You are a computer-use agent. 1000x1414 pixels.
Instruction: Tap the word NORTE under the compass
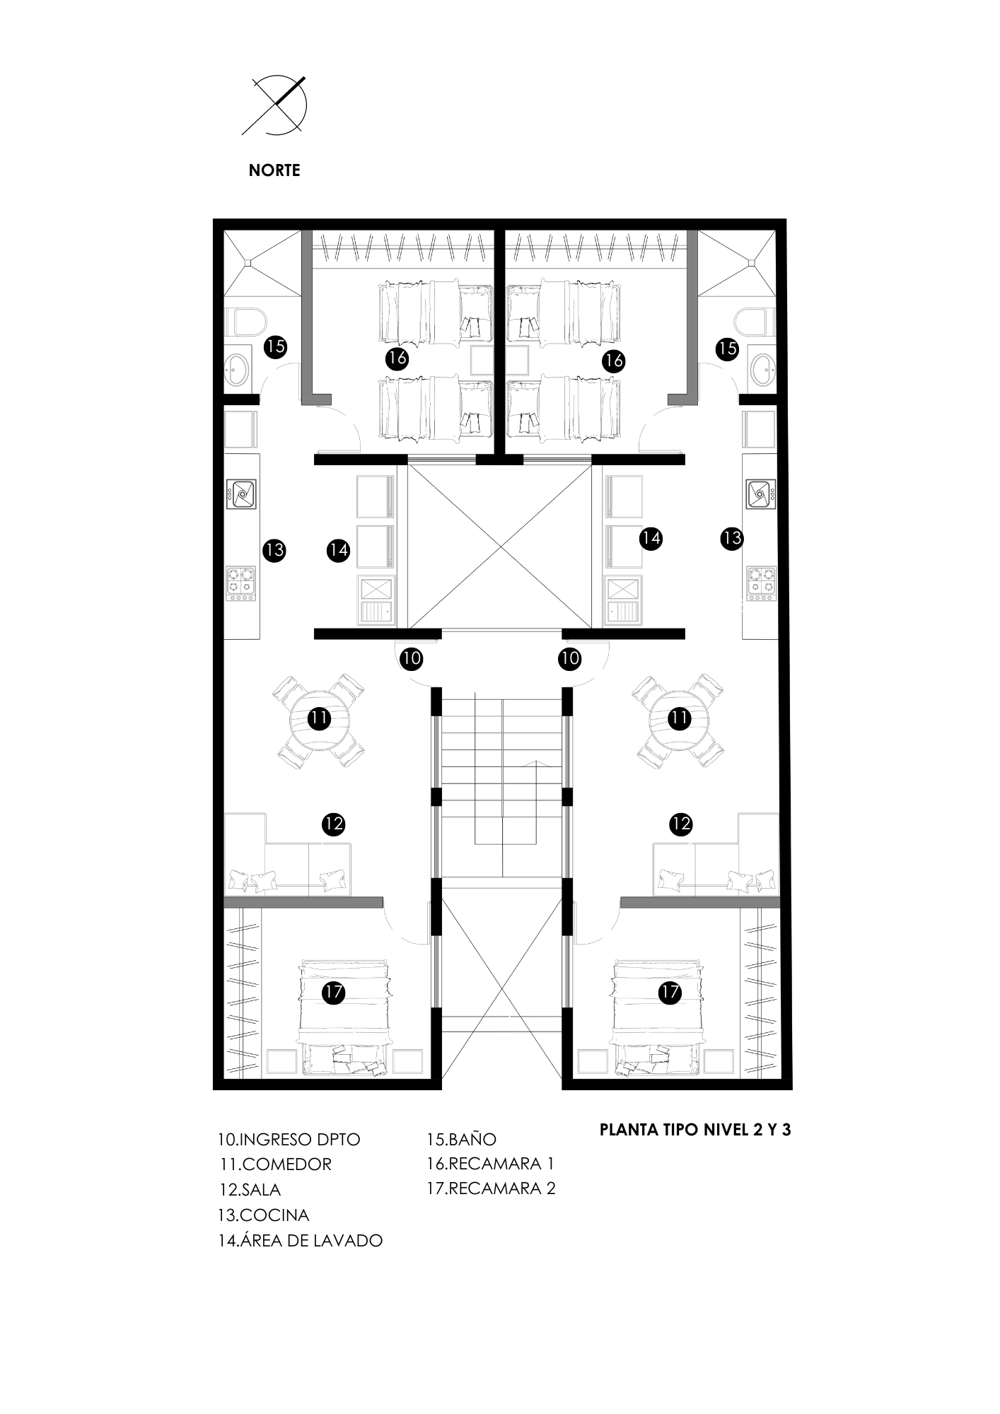point(274,170)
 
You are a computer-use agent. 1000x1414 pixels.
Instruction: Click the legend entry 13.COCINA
point(264,1215)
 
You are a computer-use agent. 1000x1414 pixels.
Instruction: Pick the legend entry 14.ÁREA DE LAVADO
point(301,1240)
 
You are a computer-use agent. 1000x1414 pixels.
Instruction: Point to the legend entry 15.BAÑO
point(461,1139)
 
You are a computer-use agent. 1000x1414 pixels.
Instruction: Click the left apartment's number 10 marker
point(411,659)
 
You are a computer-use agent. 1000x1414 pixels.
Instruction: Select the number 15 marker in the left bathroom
point(275,346)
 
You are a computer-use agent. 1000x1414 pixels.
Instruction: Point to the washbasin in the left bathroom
point(235,368)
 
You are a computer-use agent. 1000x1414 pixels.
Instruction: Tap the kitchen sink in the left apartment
point(241,493)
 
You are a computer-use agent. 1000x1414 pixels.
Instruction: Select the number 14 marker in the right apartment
point(651,539)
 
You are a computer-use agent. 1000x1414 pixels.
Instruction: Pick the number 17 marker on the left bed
point(334,992)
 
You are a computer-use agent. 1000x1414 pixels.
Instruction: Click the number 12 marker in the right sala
point(680,824)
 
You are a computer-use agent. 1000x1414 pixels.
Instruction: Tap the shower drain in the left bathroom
point(248,263)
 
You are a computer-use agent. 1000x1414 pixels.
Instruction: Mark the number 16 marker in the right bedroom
point(613,361)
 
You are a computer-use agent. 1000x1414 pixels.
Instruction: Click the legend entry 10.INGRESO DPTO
point(289,1139)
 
